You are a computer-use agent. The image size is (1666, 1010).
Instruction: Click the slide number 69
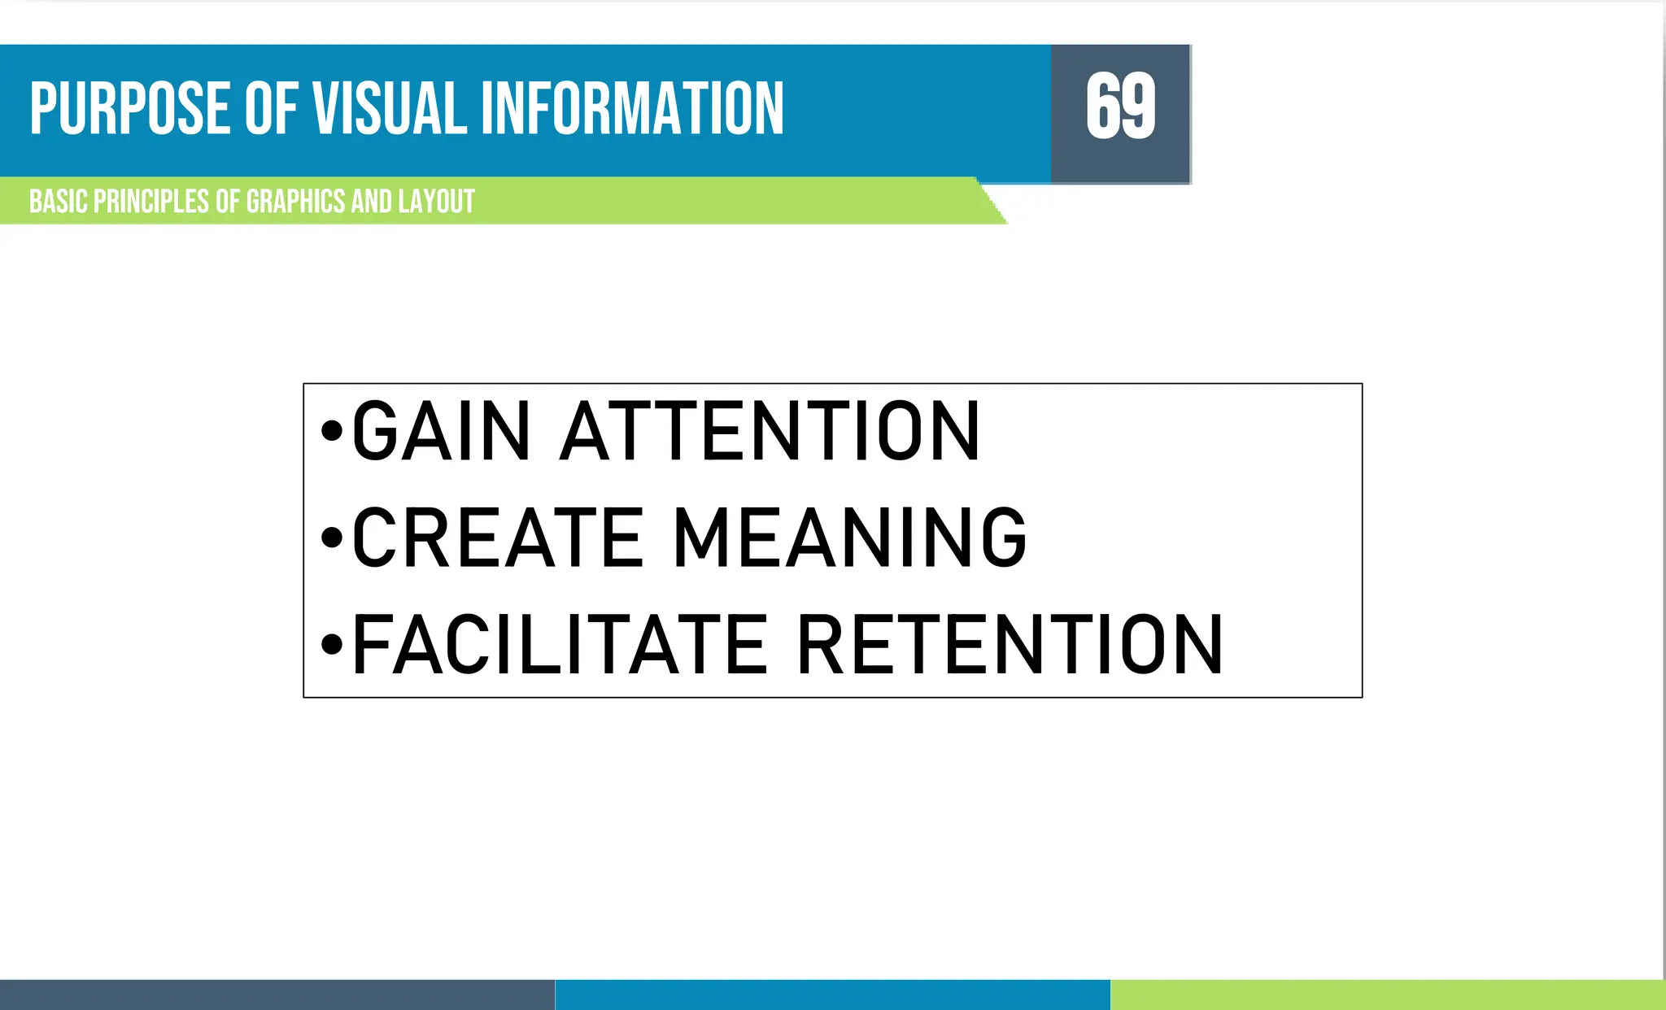point(1120,107)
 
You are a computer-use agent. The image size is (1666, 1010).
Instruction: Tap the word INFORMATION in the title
point(632,108)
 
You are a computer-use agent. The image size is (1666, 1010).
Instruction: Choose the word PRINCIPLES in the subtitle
point(151,202)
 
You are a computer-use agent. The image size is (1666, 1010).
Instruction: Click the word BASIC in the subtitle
point(58,202)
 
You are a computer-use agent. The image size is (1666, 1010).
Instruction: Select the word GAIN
point(441,431)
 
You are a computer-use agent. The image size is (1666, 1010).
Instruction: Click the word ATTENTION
point(770,431)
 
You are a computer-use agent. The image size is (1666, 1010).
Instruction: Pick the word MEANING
point(850,538)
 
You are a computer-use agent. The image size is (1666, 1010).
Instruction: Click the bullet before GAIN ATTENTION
point(331,431)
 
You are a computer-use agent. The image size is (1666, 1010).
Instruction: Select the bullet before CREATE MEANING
point(331,538)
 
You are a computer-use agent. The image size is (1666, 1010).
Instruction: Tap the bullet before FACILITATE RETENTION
point(331,644)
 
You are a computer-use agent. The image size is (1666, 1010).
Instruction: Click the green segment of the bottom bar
point(1388,995)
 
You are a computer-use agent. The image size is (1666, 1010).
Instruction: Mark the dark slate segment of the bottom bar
point(277,995)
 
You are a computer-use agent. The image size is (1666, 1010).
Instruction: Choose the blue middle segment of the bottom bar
point(832,995)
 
